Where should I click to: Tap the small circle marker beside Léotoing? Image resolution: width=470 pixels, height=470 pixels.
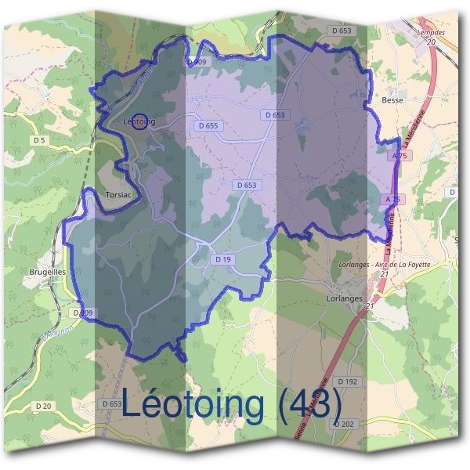coord(139,121)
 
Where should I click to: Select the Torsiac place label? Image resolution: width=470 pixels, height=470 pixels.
coord(121,193)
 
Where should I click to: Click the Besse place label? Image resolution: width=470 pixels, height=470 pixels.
coord(392,100)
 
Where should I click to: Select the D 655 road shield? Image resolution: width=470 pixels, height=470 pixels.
coord(208,125)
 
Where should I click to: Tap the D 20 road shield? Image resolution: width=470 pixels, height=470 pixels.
coord(43,406)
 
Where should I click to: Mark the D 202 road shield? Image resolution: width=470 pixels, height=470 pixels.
coord(343,423)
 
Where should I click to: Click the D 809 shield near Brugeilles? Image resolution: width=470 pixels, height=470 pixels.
coord(82,313)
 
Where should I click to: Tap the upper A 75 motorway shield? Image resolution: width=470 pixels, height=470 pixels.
coord(399,157)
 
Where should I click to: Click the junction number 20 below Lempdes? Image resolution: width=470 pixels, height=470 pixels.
coord(430,42)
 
